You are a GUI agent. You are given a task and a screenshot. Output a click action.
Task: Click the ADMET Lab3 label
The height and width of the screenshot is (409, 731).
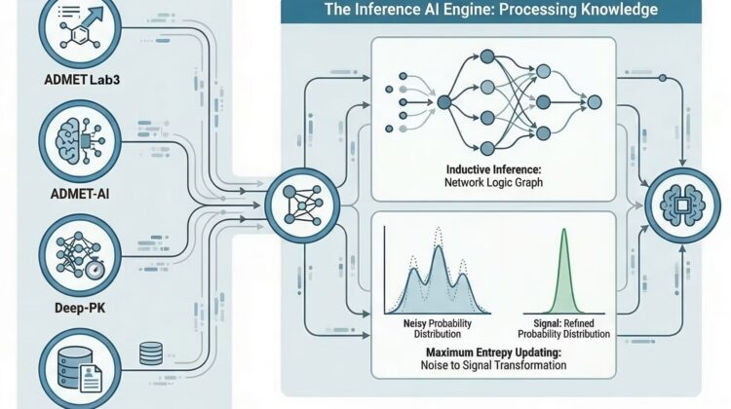tap(82, 80)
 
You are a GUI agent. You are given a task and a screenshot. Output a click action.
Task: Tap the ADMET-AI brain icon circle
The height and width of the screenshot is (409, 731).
tap(80, 141)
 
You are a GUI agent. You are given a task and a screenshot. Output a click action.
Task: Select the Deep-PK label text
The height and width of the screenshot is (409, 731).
tap(80, 308)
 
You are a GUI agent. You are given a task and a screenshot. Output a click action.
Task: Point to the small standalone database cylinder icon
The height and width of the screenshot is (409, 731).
tap(151, 353)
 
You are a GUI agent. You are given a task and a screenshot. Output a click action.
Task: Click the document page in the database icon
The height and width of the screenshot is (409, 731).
tap(91, 378)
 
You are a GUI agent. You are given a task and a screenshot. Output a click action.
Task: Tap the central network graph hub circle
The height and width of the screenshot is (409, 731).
tap(302, 205)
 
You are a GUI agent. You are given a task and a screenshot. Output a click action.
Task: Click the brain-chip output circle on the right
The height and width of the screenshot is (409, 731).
tap(682, 205)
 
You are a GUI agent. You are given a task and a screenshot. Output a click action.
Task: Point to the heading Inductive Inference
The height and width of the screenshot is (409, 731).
tap(494, 169)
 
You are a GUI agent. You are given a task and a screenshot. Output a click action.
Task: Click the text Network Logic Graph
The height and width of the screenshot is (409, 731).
tap(494, 182)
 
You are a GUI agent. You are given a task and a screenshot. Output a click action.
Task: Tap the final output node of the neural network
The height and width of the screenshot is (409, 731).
tap(595, 102)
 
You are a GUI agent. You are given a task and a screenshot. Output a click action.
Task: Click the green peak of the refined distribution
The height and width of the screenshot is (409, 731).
tap(564, 232)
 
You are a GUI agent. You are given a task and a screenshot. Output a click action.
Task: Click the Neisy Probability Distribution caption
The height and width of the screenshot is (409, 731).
tap(438, 328)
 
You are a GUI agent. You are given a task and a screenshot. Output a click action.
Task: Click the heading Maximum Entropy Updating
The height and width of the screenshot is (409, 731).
tap(494, 353)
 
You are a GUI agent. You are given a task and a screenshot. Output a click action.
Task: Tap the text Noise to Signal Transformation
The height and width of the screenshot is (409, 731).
tap(494, 365)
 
